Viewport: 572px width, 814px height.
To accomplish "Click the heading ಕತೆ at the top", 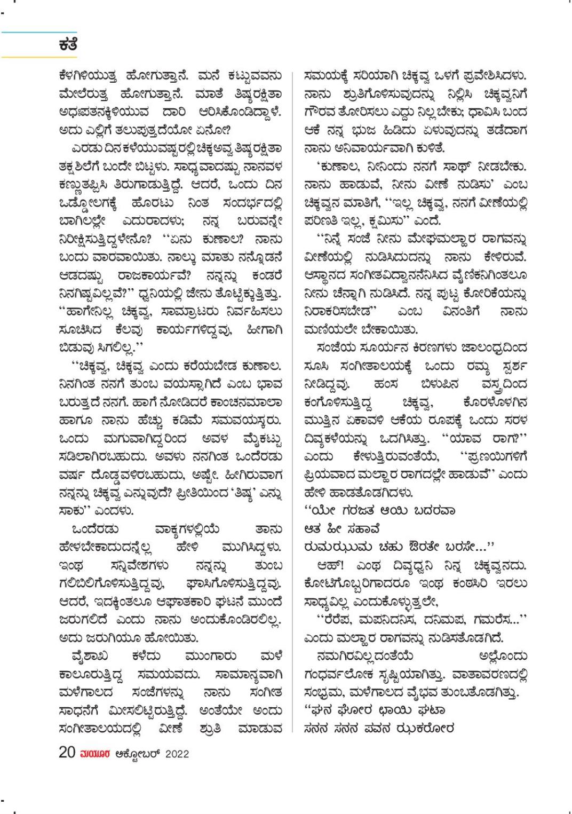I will (68, 45).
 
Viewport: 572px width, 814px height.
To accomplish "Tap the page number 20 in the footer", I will (67, 753).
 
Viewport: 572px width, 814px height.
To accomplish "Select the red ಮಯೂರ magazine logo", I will (94, 754).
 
